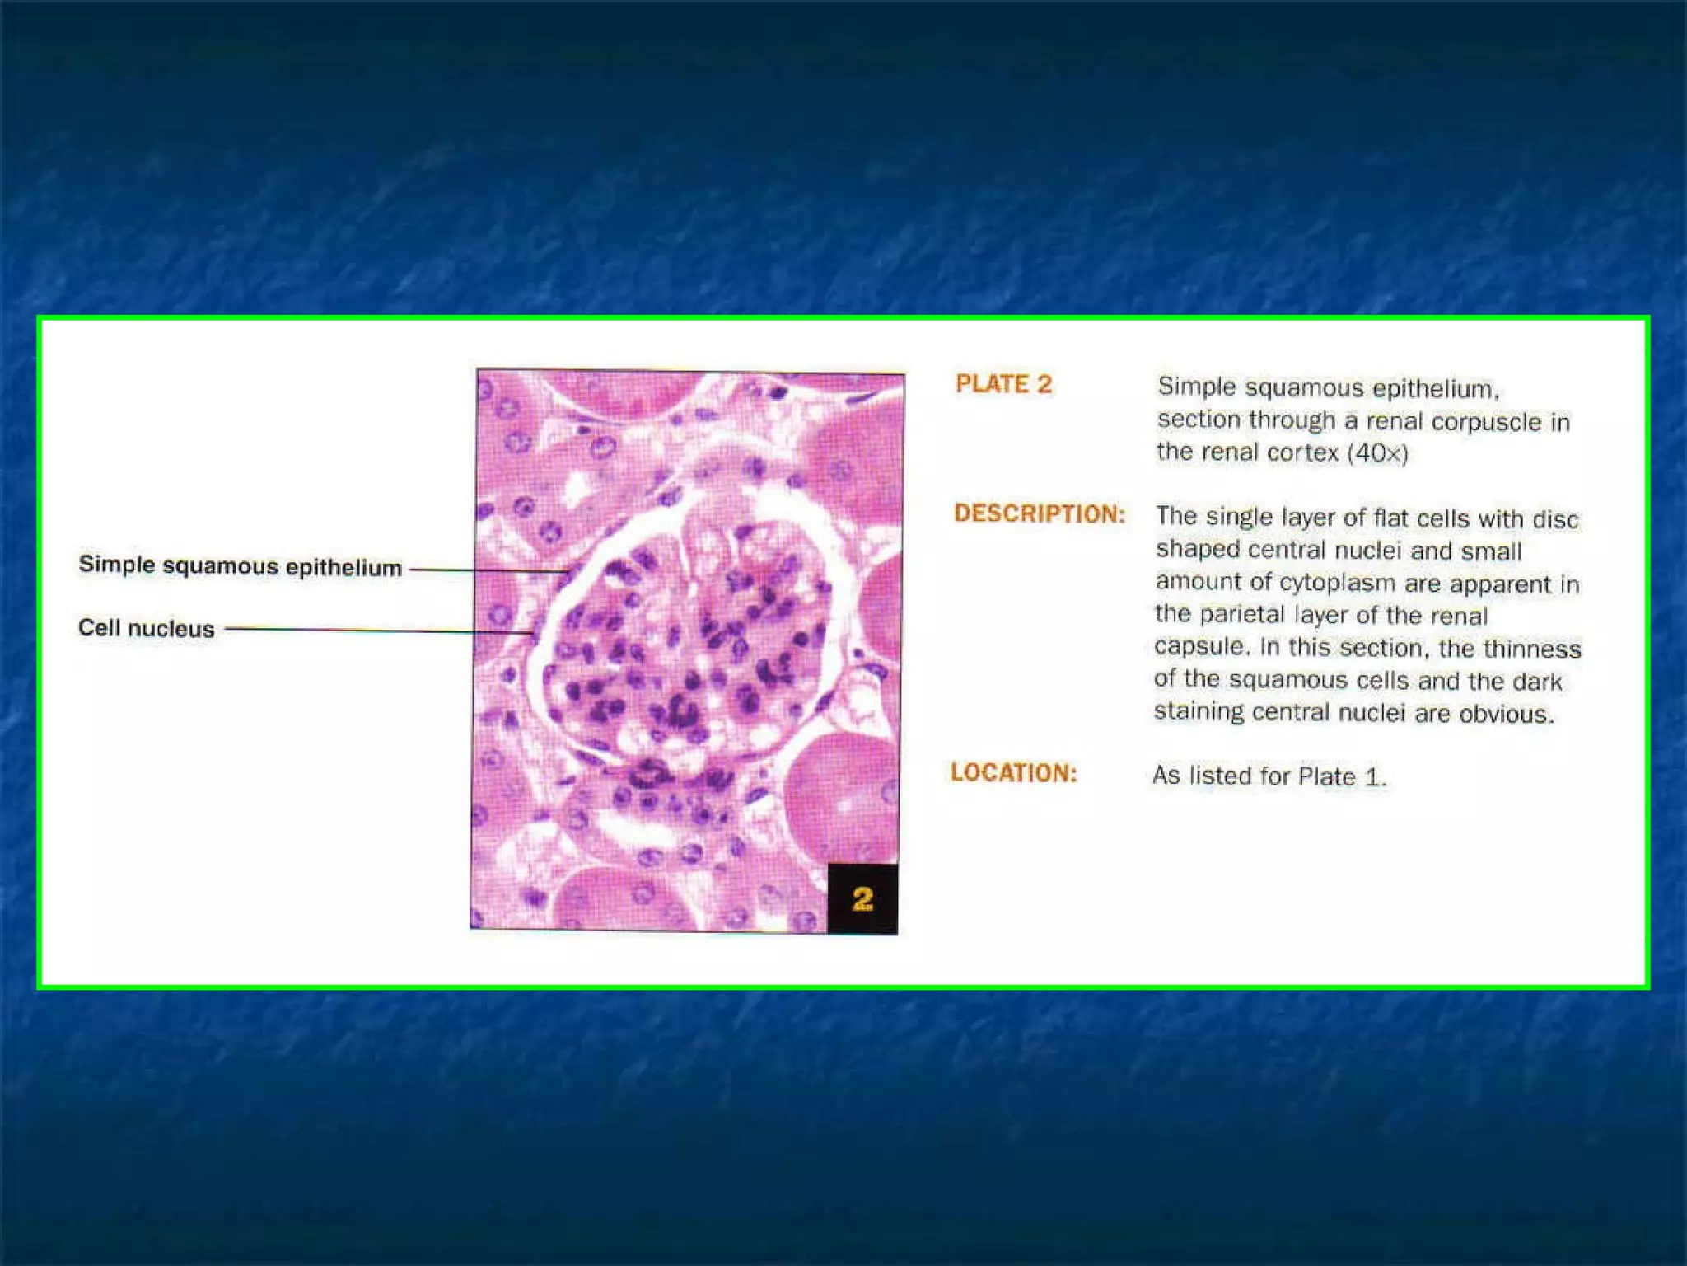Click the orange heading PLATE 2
tap(1003, 384)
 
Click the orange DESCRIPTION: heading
tap(1040, 513)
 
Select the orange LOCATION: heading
tap(1013, 772)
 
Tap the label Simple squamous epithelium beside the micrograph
tap(240, 566)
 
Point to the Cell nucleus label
tap(146, 628)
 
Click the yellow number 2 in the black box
tap(862, 898)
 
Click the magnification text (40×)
tap(1377, 453)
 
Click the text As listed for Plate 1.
tap(1269, 776)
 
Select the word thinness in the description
tap(1531, 649)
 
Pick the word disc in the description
tap(1555, 519)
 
